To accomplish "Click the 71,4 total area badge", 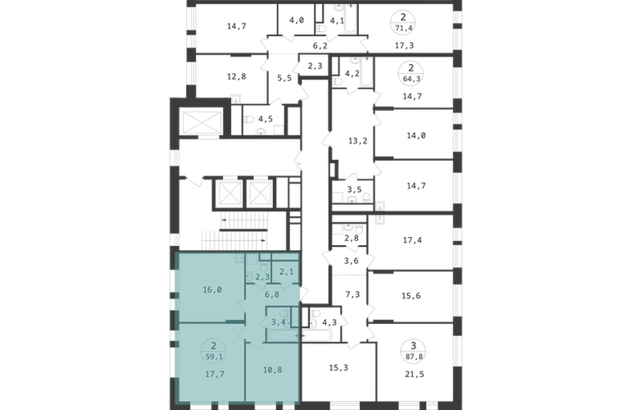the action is pyautogui.click(x=403, y=22).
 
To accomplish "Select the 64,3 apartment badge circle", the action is pyautogui.click(x=411, y=73).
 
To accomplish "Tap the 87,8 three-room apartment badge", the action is pyautogui.click(x=413, y=350).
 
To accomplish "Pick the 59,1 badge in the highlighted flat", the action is pyautogui.click(x=214, y=351).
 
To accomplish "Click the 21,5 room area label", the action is pyautogui.click(x=415, y=374).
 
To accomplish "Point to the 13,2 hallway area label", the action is pyautogui.click(x=358, y=141).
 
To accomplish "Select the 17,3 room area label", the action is pyautogui.click(x=404, y=46).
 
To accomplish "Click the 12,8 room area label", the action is pyautogui.click(x=236, y=76).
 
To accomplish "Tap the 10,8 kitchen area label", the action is pyautogui.click(x=272, y=370).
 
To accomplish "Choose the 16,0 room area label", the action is pyautogui.click(x=212, y=289).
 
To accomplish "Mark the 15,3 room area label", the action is pyautogui.click(x=338, y=367).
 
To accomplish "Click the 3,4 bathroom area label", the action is pyautogui.click(x=279, y=321).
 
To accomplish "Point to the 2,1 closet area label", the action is pyautogui.click(x=286, y=272).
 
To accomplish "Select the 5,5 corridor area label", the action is pyautogui.click(x=284, y=78).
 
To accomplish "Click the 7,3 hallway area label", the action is pyautogui.click(x=352, y=295).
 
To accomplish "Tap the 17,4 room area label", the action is pyautogui.click(x=412, y=240).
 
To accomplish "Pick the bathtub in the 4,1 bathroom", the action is pyautogui.click(x=349, y=19).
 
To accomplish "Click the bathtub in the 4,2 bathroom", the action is pyautogui.click(x=365, y=72).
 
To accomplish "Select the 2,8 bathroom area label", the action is pyautogui.click(x=352, y=238).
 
